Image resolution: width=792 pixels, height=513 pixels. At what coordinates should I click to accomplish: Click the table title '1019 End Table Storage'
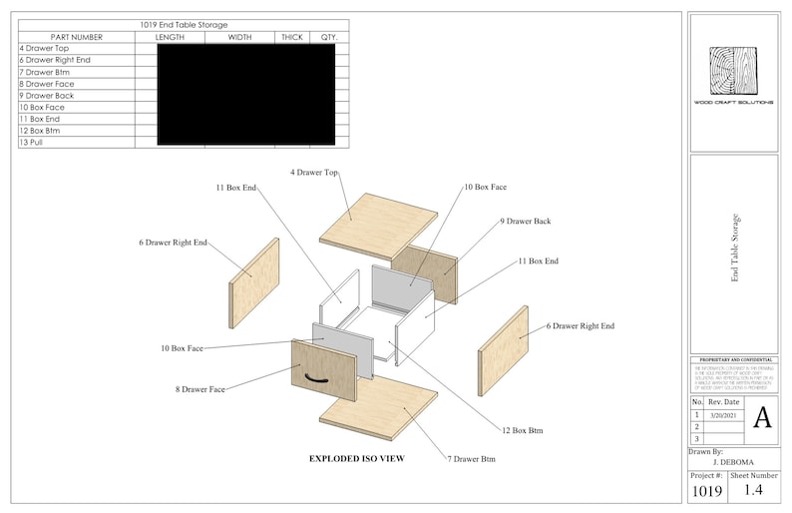(x=184, y=25)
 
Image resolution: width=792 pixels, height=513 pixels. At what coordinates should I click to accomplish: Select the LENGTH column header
(x=170, y=37)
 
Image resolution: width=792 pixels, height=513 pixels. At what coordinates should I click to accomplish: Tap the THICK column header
(x=291, y=37)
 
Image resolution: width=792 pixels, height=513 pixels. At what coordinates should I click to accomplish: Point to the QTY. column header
(x=328, y=37)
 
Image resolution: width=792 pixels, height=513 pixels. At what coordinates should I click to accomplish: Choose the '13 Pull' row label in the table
(x=31, y=143)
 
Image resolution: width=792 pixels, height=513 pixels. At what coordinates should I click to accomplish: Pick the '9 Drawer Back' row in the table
(x=46, y=96)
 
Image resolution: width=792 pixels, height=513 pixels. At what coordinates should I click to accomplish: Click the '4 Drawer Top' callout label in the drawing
(x=313, y=173)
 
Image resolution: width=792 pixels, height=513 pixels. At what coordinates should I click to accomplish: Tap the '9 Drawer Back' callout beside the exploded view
(x=525, y=221)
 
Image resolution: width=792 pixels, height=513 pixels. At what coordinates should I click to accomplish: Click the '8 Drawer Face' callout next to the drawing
(x=200, y=389)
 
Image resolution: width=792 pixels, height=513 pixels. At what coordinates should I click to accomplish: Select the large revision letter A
(x=761, y=417)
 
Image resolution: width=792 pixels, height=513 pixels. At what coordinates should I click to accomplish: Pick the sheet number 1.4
(x=755, y=489)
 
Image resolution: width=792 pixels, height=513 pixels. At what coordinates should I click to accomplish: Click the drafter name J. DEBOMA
(x=733, y=462)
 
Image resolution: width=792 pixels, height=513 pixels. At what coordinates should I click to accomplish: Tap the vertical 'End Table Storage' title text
(x=735, y=250)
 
